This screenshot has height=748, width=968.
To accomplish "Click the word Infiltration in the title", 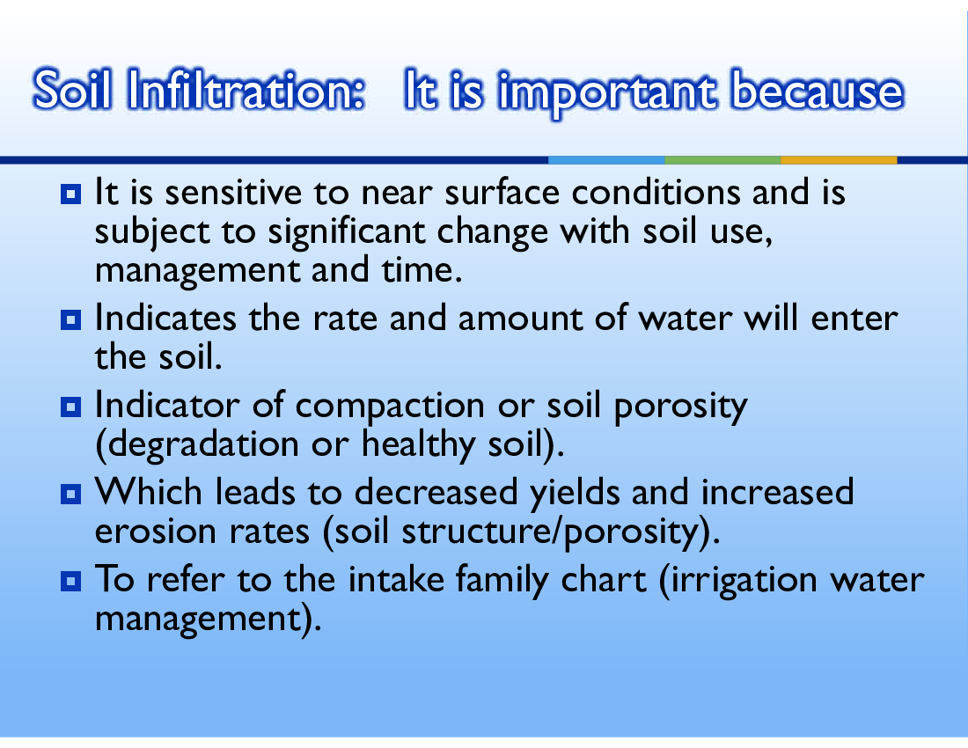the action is pos(246,90).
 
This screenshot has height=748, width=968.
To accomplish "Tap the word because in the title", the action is pos(817,90).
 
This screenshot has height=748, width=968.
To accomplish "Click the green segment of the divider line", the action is pos(722,160).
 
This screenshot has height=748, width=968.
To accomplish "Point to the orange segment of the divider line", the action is pos(839,160).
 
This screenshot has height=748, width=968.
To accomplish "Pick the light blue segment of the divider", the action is pos(607,160).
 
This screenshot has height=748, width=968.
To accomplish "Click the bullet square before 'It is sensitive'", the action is pos(71,194).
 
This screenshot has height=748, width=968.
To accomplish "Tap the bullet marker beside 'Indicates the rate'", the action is pos(71,319).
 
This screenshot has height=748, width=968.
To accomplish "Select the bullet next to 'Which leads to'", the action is pos(71,494).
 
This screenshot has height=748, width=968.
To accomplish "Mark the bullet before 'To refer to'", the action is pos(71,581).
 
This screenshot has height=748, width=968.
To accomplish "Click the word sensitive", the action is pos(233,192).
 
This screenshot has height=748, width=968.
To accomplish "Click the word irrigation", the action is pos(744,581).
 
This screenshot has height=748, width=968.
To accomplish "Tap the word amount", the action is pos(520,319).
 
